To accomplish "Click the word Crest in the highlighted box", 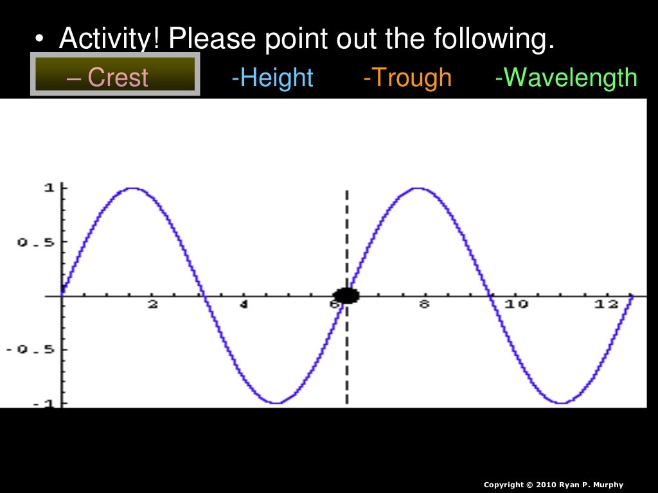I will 118,78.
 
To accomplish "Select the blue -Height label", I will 272,78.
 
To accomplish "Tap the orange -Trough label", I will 407,78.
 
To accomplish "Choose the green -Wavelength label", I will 566,78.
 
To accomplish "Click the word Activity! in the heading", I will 110,40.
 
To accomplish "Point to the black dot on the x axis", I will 347,295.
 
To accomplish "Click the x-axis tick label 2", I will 153,305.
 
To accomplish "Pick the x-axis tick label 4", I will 244,305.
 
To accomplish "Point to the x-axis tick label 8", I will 424,305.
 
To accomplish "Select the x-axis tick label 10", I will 516,305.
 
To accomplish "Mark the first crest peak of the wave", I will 133,188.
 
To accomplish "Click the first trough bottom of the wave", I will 276,402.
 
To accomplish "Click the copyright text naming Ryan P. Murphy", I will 553,485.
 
